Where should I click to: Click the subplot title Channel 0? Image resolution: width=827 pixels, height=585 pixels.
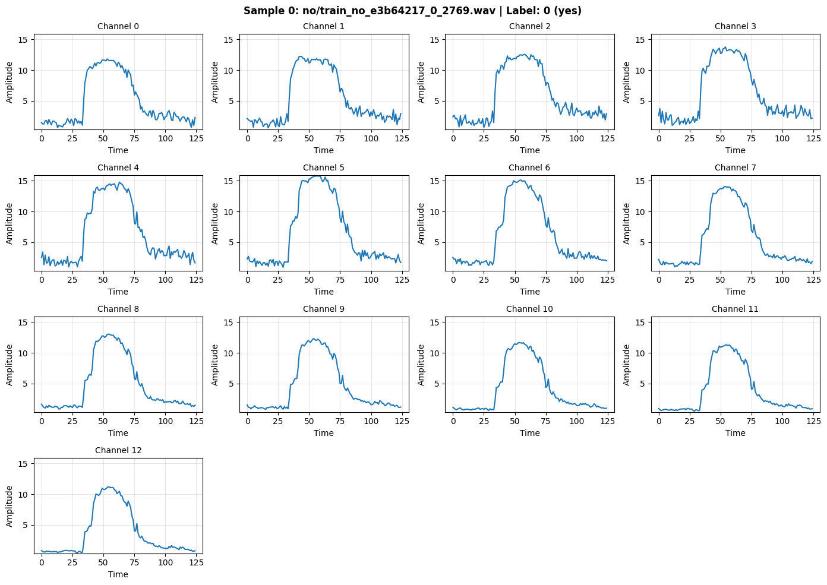(118, 26)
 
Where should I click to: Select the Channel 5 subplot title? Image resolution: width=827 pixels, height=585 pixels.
(324, 167)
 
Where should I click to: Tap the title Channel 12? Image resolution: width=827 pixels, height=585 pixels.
(118, 450)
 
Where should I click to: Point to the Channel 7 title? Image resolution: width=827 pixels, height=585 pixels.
(735, 167)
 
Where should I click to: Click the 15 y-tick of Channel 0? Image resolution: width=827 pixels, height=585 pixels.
(25, 40)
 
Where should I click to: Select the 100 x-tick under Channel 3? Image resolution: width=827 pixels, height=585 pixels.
(782, 138)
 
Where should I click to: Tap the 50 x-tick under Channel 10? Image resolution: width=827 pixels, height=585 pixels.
(514, 421)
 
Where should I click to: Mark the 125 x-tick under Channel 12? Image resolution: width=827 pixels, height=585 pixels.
(196, 562)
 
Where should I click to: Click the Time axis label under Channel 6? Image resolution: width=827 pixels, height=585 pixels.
(529, 292)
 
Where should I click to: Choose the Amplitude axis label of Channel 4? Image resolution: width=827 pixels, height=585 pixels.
(10, 223)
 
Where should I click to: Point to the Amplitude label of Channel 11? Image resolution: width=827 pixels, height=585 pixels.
(626, 365)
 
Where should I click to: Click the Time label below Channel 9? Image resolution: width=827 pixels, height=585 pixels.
(324, 433)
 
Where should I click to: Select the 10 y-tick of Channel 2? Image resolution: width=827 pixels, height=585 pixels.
(437, 71)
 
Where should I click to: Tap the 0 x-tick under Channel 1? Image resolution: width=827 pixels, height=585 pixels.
(247, 138)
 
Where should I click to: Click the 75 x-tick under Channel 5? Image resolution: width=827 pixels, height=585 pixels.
(340, 280)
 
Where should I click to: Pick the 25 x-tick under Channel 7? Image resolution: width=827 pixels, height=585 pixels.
(690, 280)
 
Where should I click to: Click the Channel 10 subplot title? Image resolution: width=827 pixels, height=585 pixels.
(529, 309)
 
